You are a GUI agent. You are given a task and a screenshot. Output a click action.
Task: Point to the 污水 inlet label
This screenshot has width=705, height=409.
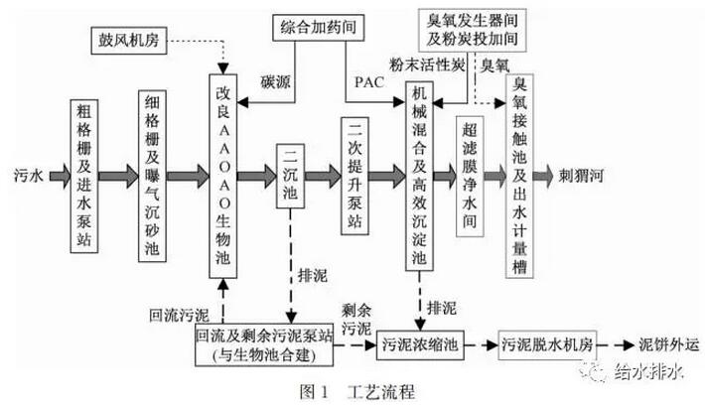pyautogui.click(x=28, y=174)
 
